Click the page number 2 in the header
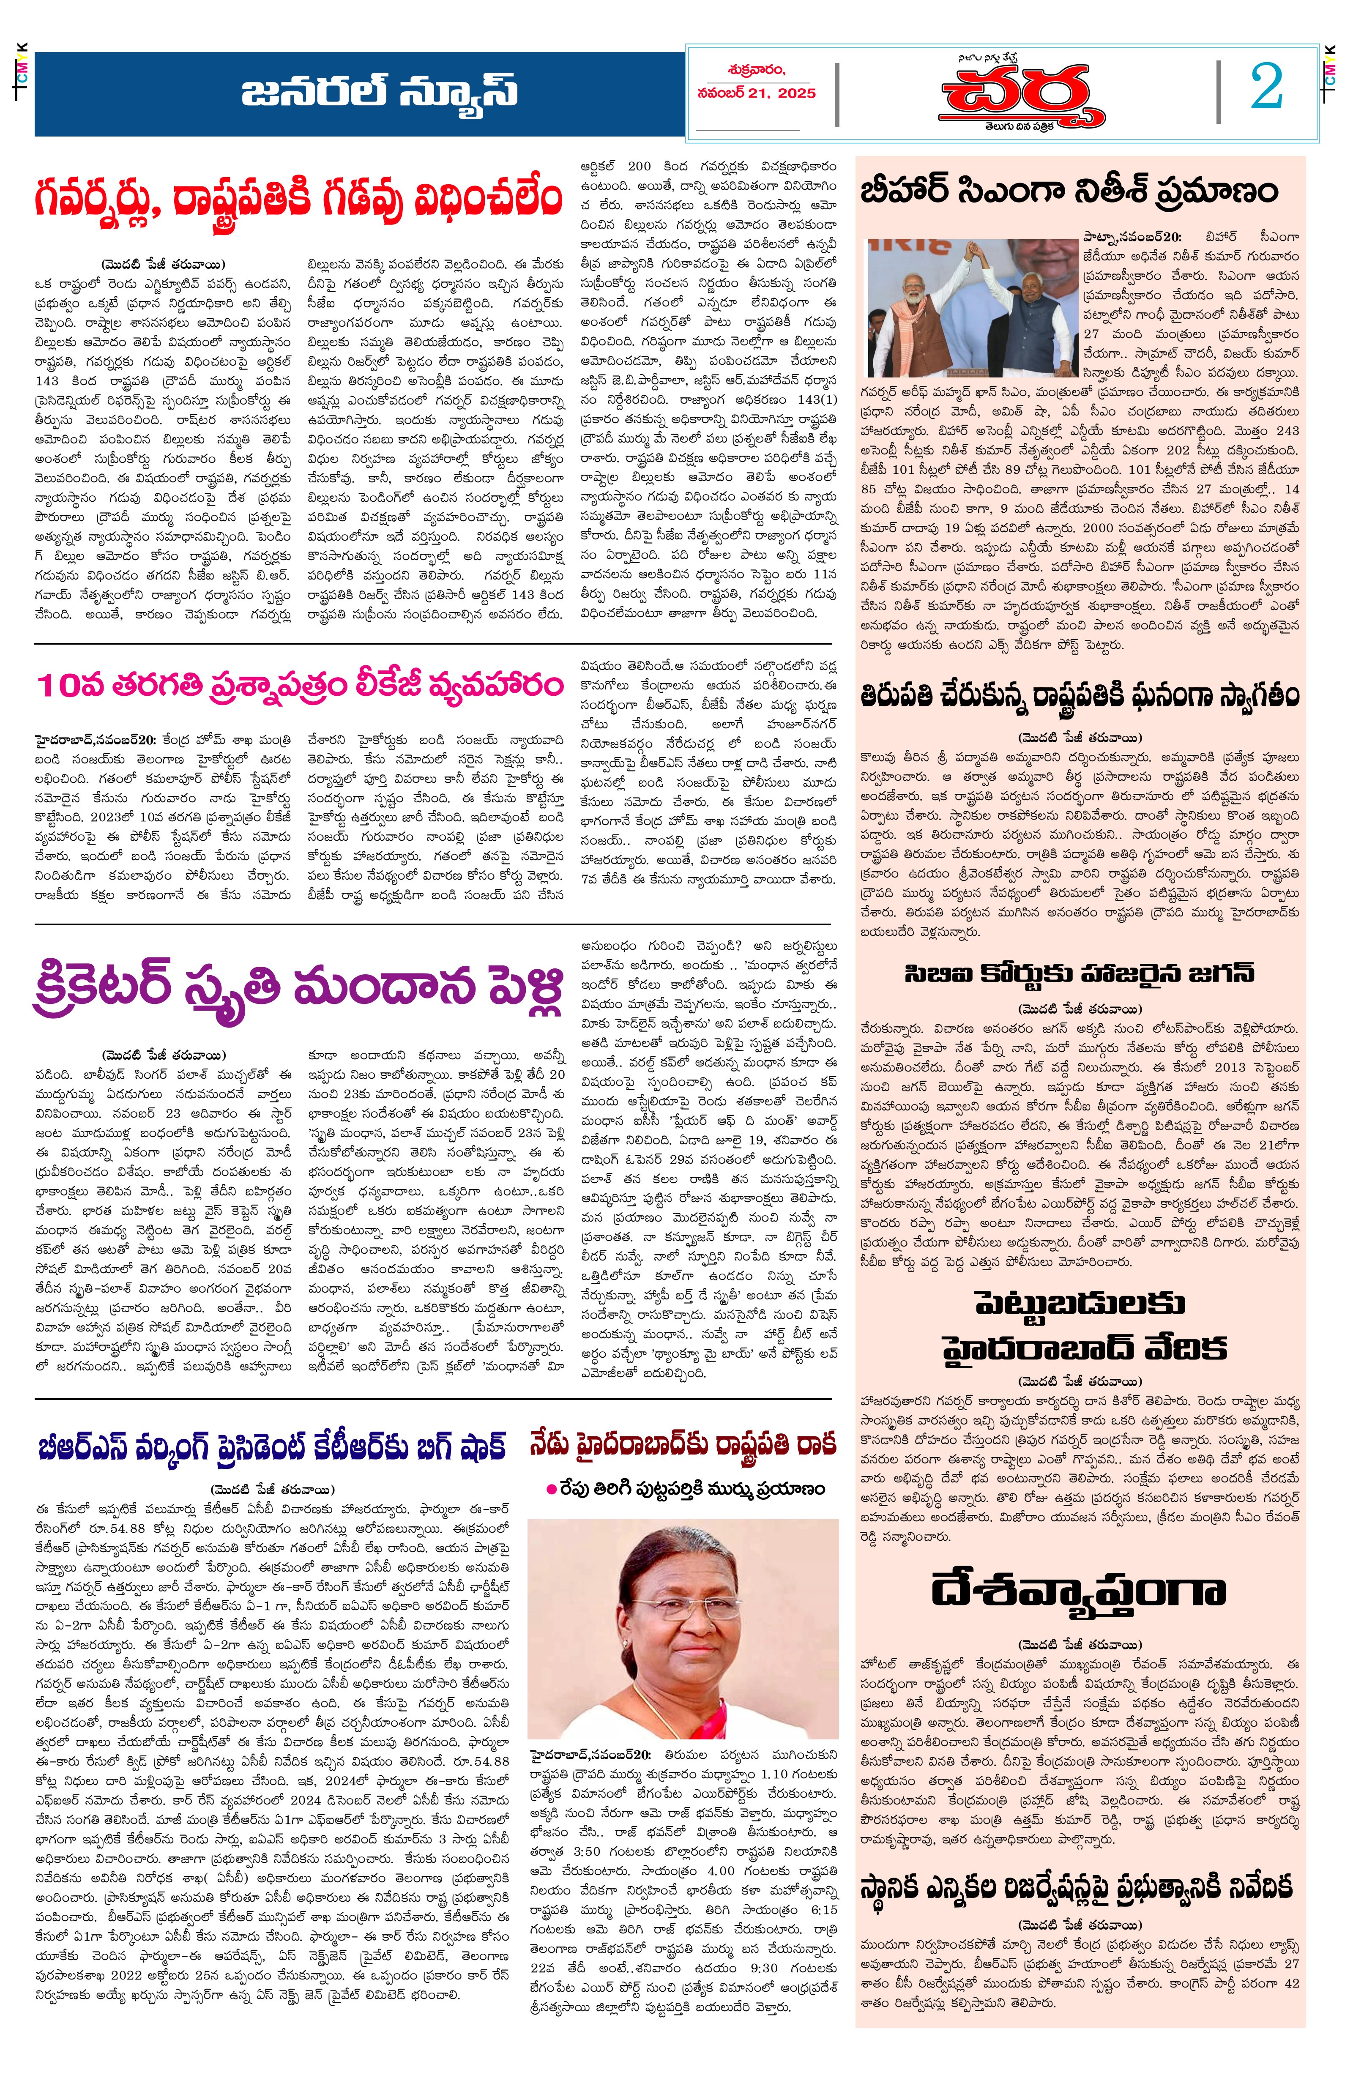pos(1266,88)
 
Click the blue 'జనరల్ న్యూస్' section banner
pos(380,92)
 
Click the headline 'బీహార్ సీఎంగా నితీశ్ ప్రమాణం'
pos(1069,191)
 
